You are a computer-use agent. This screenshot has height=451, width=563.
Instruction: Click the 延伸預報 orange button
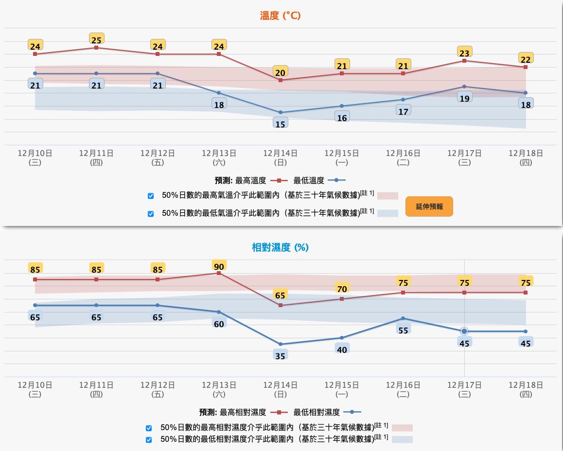point(429,207)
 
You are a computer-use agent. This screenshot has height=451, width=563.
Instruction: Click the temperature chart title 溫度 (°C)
point(281,16)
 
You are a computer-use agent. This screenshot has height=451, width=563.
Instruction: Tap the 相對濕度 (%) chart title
point(280,247)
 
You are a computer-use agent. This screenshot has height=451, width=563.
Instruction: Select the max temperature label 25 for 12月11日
point(97,38)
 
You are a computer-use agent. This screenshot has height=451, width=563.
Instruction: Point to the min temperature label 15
point(281,124)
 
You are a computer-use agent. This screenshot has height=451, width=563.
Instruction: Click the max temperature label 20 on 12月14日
point(281,72)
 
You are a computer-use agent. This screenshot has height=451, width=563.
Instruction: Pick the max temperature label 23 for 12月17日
point(464,53)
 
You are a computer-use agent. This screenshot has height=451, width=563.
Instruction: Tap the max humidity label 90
point(219,266)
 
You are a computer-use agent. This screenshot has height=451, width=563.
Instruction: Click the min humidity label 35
point(281,356)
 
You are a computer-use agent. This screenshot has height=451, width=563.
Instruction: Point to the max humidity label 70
point(342,289)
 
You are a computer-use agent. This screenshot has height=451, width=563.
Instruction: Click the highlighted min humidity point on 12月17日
point(464,331)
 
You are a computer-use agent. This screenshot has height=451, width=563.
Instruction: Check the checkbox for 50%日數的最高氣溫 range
point(151,196)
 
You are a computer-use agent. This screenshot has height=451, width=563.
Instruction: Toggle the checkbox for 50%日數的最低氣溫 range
point(151,213)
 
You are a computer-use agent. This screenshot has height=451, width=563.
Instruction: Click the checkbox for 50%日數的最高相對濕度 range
point(149,428)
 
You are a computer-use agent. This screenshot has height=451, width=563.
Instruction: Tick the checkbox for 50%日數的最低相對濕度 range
point(149,440)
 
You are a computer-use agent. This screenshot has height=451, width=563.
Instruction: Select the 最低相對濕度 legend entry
point(326,413)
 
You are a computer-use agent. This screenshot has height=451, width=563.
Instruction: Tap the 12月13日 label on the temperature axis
point(219,157)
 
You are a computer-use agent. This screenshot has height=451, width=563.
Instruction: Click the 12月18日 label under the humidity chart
point(526,389)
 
